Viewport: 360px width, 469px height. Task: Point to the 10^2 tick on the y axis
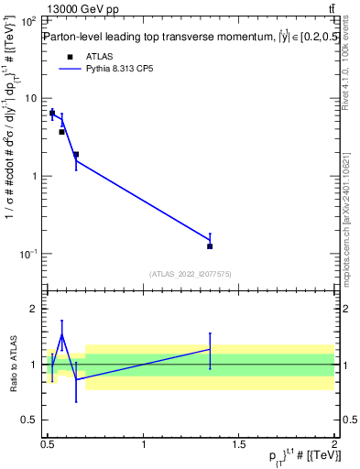(29, 20)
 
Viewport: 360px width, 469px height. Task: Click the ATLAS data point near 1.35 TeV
(210, 246)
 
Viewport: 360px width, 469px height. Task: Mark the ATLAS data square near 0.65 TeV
(76, 155)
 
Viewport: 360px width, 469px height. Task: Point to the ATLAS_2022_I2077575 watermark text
(191, 273)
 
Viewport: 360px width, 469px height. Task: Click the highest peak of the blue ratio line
(61, 334)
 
